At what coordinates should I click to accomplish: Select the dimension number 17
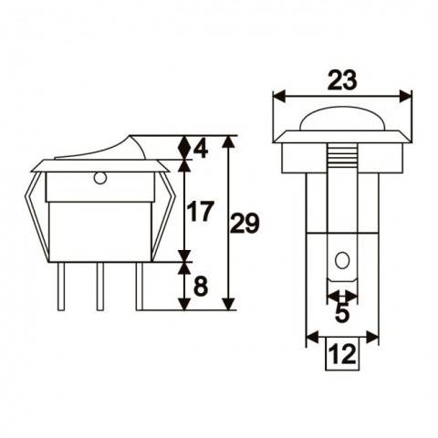click(200, 213)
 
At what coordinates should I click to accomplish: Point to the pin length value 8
click(202, 287)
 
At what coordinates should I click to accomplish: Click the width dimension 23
click(342, 80)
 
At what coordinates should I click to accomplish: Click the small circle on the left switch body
click(100, 177)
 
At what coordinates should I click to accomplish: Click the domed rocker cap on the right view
click(342, 118)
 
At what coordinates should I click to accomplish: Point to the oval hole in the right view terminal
click(342, 262)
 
